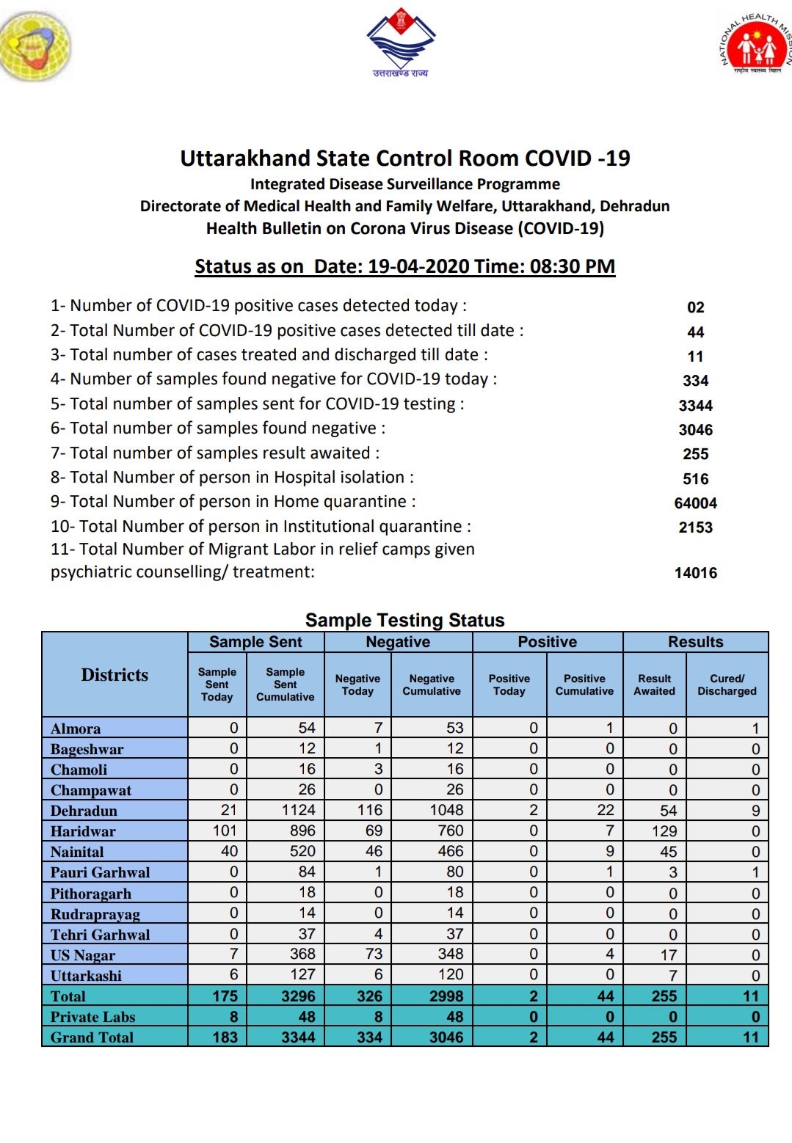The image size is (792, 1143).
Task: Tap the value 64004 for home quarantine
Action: coord(695,503)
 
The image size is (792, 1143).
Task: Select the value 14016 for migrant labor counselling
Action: coord(695,573)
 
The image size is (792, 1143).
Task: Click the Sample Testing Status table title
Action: coord(404,620)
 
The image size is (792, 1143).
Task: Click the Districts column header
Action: coord(115,675)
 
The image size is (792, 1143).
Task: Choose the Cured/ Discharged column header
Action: coord(727,684)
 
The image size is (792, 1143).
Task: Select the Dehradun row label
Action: coord(84,811)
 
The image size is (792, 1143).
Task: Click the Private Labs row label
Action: coord(92,1017)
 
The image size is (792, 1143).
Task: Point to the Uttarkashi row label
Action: coord(86,976)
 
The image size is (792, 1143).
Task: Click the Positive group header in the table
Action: coord(547,642)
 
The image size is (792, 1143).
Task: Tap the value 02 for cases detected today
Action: coord(695,307)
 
